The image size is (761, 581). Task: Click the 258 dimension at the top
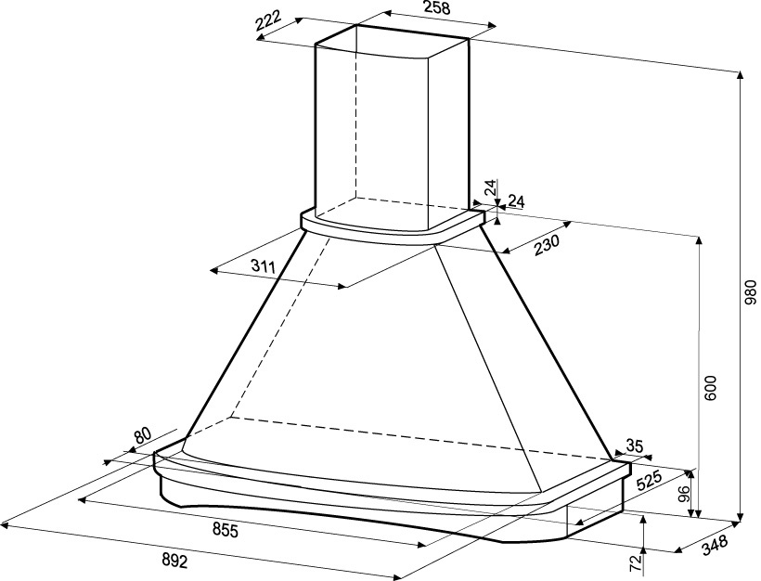[437, 7]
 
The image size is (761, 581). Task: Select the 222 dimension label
[268, 21]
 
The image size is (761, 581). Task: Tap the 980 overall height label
[750, 291]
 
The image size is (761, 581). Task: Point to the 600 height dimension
[710, 387]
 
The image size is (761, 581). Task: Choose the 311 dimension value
[264, 265]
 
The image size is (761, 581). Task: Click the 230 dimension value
[547, 246]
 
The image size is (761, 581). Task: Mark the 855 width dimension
[226, 531]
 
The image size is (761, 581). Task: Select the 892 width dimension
[174, 562]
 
